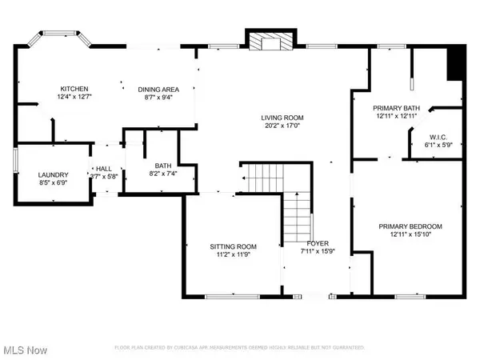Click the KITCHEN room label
tap(74, 89)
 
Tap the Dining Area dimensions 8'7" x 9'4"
tap(158, 98)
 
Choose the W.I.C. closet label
tap(439, 137)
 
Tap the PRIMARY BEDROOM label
tap(410, 226)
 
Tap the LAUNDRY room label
tap(54, 174)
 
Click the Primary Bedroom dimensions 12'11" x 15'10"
tap(410, 235)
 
